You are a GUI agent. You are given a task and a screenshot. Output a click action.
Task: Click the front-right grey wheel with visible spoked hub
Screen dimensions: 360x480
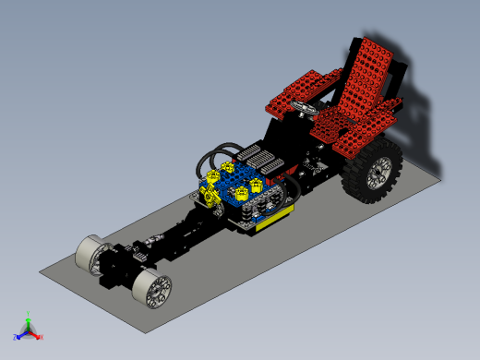pyautogui.click(x=151, y=289)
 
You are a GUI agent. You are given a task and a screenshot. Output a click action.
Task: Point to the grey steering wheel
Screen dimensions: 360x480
pyautogui.click(x=302, y=109)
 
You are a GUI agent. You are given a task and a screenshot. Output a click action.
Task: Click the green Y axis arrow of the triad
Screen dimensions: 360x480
pyautogui.click(x=29, y=317)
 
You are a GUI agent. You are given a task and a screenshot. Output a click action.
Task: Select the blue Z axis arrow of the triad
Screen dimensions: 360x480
pyautogui.click(x=18, y=335)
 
